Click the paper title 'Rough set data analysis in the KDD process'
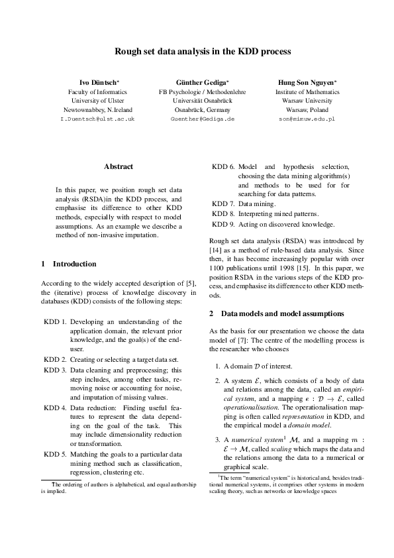197,50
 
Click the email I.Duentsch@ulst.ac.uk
97,119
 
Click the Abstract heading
119,167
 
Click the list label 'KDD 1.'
54,322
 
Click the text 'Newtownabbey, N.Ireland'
97,109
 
